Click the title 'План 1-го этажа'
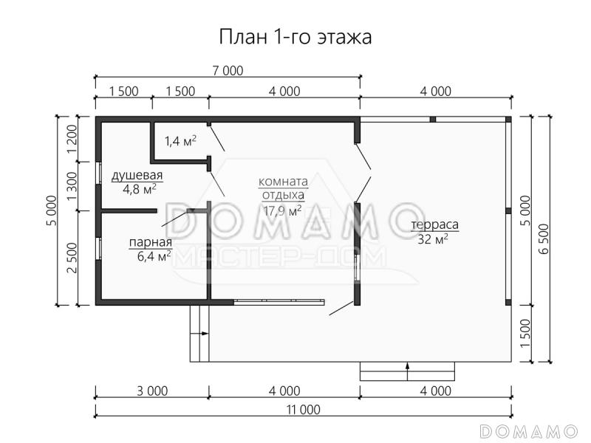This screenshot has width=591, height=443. (x=295, y=36)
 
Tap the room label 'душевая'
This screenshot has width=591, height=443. (x=137, y=175)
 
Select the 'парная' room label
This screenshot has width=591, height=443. (x=150, y=242)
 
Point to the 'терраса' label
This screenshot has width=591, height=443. (x=435, y=224)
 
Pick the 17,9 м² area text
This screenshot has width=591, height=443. (x=282, y=210)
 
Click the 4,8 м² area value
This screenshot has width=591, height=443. (x=138, y=188)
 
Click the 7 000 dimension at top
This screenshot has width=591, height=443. (x=227, y=71)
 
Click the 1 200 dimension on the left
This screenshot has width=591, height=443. (x=72, y=138)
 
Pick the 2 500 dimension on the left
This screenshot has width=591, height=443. (x=72, y=258)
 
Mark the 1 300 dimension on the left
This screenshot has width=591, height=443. (x=72, y=186)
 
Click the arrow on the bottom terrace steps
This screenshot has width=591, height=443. (x=408, y=366)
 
